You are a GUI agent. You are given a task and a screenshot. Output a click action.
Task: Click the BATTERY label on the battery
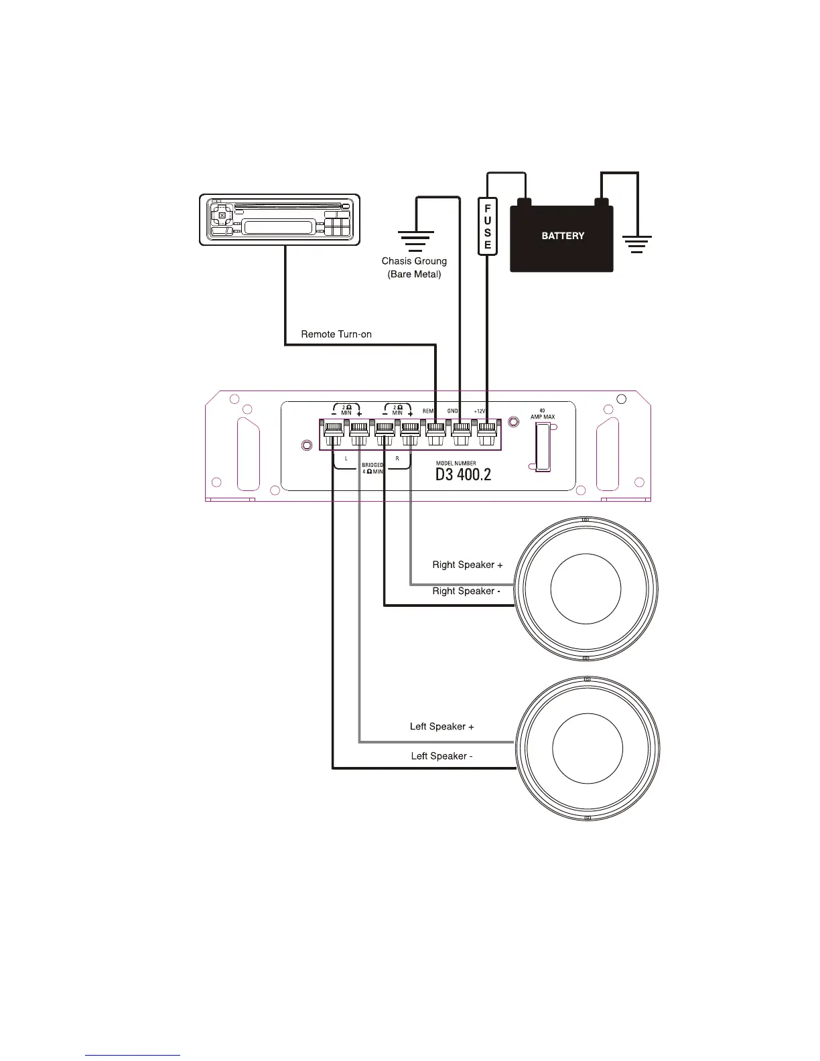click(563, 236)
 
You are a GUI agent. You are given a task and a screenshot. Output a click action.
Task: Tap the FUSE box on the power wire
click(487, 226)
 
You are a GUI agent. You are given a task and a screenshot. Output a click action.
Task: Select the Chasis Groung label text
click(414, 261)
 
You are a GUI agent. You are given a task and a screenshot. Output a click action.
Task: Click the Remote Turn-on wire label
click(336, 334)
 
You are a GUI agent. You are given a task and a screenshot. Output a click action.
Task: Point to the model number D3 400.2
click(463, 475)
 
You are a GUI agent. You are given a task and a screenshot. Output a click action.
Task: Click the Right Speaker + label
click(467, 565)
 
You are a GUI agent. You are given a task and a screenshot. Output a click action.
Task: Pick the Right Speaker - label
click(466, 591)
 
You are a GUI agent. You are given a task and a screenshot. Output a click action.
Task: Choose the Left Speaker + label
click(441, 726)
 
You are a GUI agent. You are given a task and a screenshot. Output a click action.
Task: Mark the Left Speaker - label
click(441, 756)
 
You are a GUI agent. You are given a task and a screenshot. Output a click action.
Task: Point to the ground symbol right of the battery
click(636, 242)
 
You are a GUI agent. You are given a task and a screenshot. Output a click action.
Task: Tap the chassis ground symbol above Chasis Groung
click(416, 240)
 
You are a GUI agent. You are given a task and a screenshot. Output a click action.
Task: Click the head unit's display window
click(278, 227)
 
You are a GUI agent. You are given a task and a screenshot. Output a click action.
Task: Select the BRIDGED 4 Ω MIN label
click(372, 468)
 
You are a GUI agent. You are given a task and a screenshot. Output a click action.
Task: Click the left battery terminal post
click(525, 202)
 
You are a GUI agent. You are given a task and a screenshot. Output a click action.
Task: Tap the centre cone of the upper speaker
click(586, 589)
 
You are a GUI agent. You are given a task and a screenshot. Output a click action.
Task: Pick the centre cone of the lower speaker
click(588, 748)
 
